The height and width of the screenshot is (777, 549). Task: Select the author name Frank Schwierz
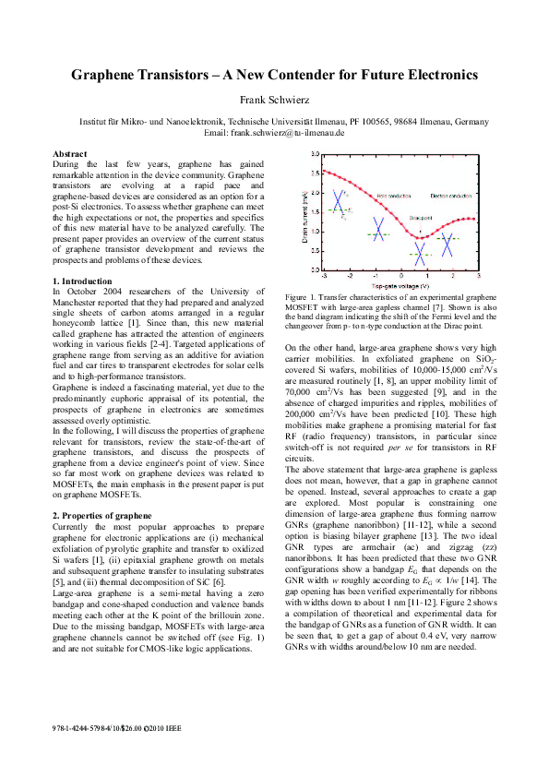[274, 101]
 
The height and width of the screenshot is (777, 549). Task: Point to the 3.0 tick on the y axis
[315, 154]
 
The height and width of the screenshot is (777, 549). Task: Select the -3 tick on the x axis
[324, 276]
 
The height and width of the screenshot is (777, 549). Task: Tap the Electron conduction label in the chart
[451, 196]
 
